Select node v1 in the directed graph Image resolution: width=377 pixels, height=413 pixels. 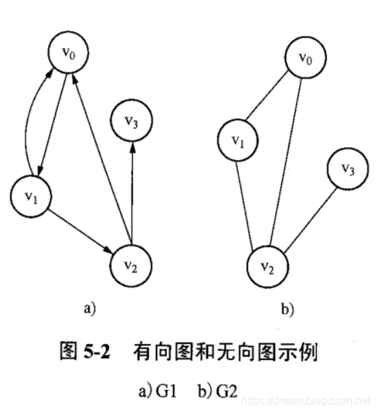[33, 195]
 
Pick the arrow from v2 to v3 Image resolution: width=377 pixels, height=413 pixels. [132, 190]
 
